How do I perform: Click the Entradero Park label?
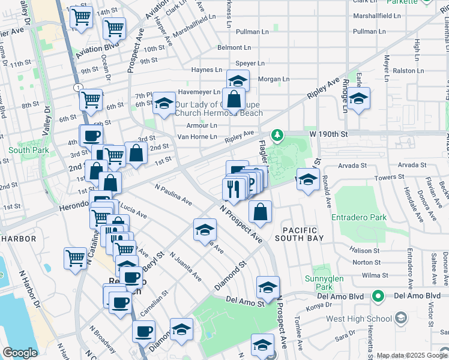[x=360, y=217]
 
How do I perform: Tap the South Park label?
[x=22, y=149]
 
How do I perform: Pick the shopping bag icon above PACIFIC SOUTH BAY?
[x=260, y=211]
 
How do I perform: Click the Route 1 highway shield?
[x=79, y=88]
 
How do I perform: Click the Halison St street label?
[x=366, y=250]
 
